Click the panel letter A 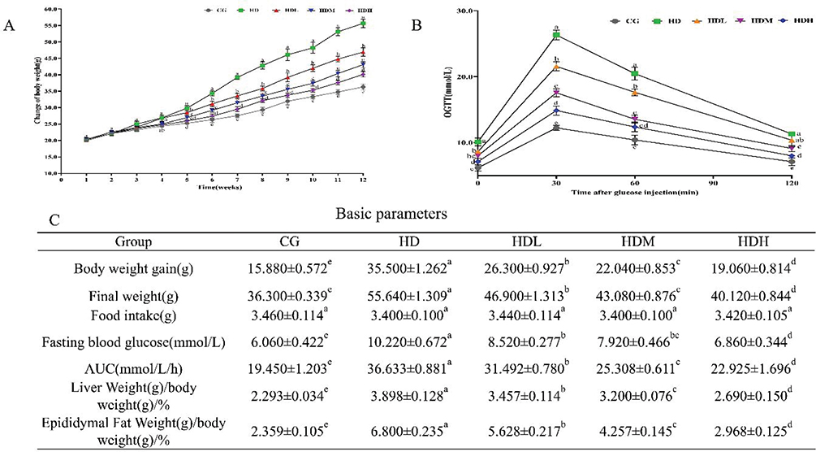[x=9, y=25]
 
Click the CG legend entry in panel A [x=218, y=11]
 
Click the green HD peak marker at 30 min [x=556, y=35]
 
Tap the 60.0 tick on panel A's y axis [x=49, y=9]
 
